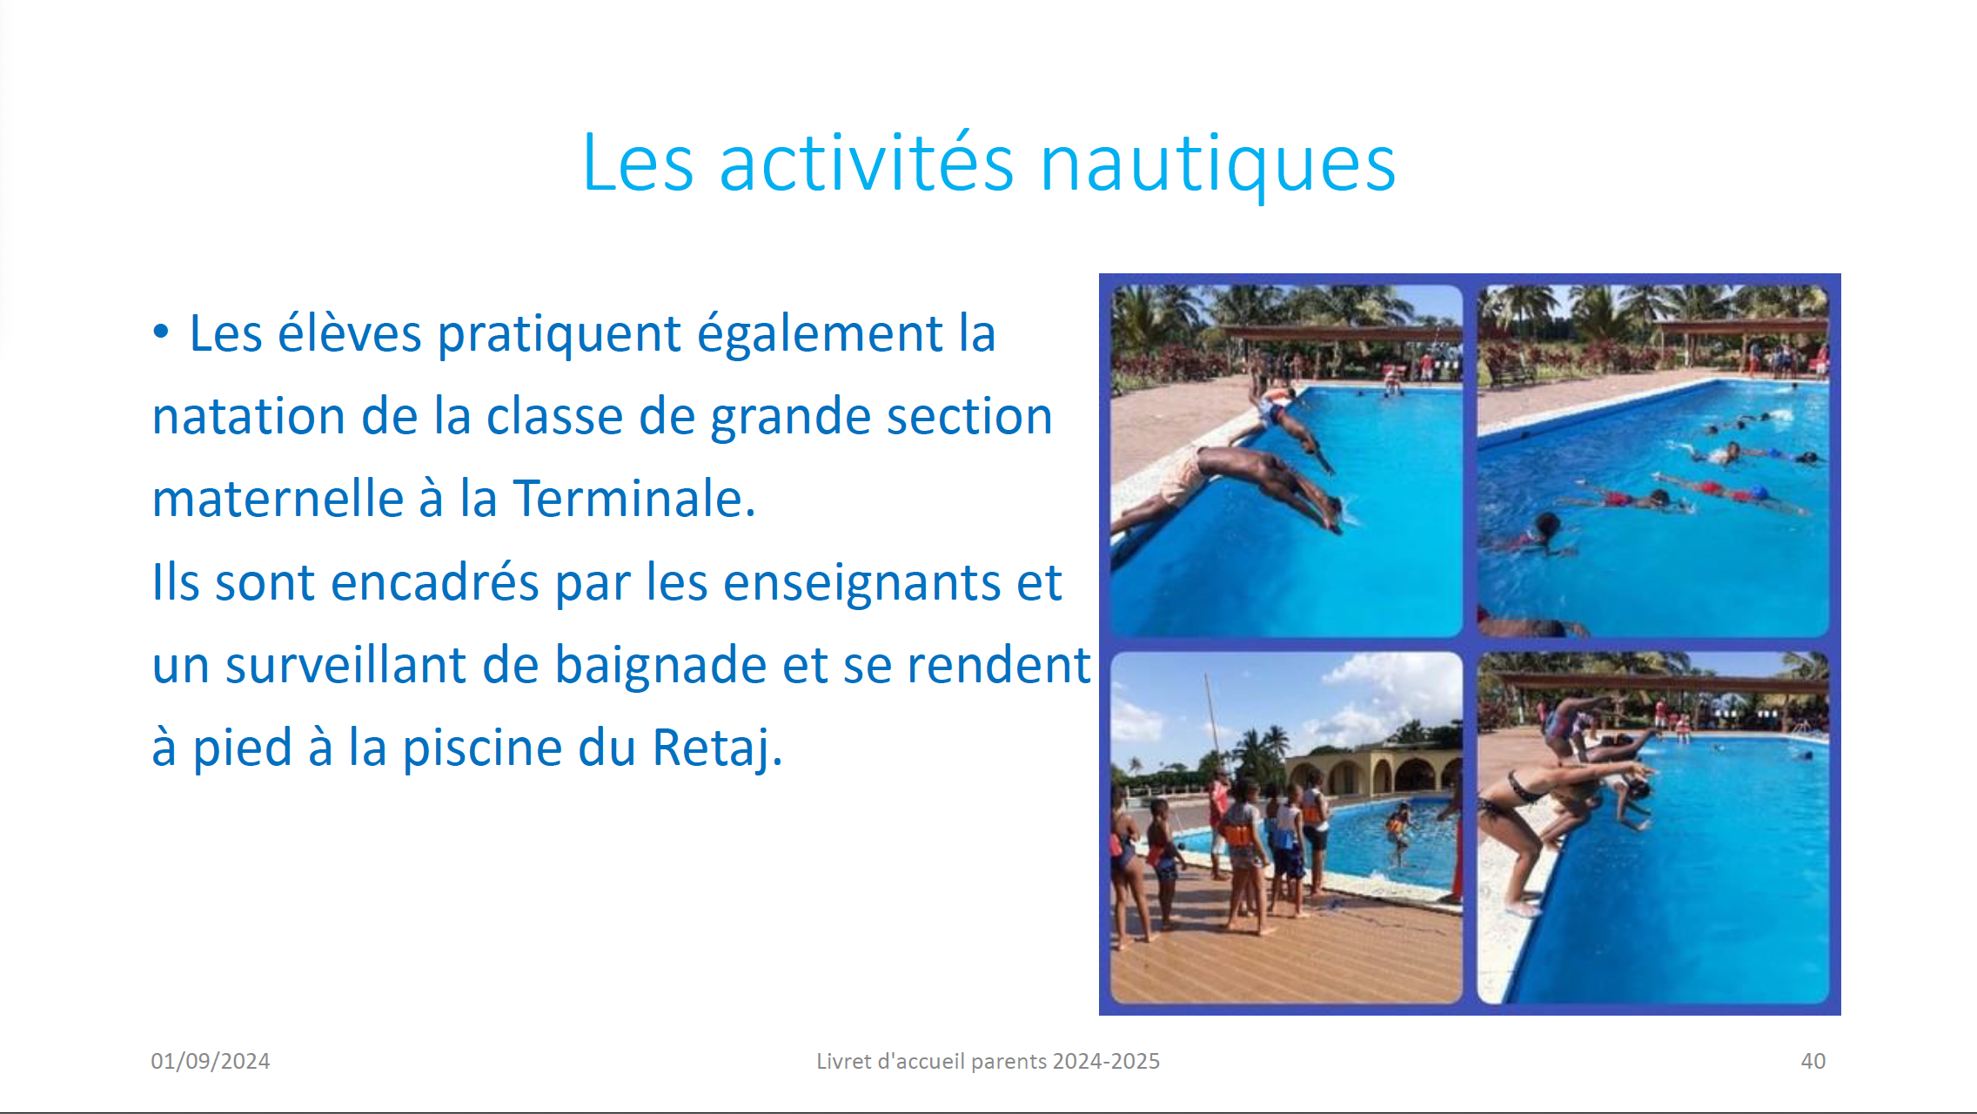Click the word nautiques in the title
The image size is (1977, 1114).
[1217, 165]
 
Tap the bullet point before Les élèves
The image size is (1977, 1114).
[160, 332]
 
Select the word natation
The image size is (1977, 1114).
[248, 416]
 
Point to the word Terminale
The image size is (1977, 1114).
[634, 499]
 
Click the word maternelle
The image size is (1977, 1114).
[278, 499]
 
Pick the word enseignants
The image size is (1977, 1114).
[861, 583]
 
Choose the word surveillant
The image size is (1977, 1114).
[346, 665]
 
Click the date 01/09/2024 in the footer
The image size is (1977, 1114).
[211, 1061]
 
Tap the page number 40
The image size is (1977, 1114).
[1813, 1061]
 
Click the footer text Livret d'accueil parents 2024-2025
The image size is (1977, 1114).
[988, 1061]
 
